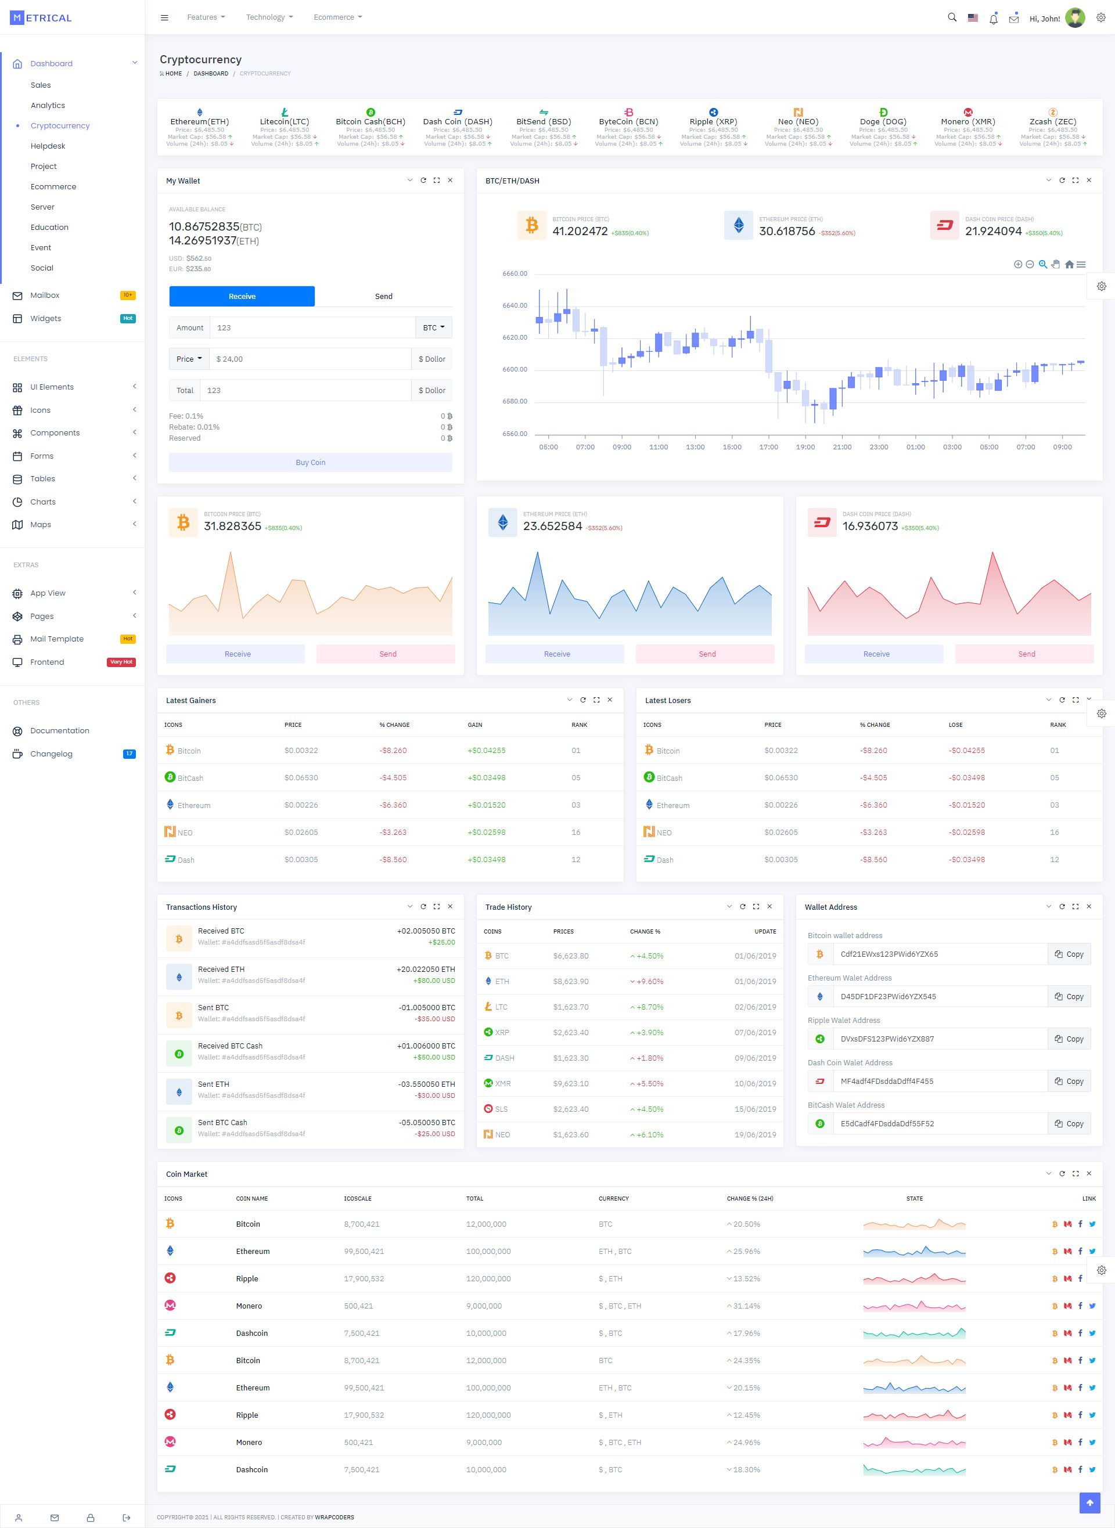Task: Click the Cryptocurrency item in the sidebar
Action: click(59, 125)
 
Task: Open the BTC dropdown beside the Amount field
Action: click(433, 328)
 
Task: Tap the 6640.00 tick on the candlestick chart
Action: click(515, 305)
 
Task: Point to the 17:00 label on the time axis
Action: click(768, 447)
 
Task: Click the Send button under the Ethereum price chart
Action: click(707, 654)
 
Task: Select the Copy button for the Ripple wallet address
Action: click(1069, 1039)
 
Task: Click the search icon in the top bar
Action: click(952, 17)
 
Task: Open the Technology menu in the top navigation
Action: click(269, 17)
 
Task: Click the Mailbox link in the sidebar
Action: click(45, 295)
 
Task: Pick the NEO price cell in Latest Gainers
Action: click(301, 833)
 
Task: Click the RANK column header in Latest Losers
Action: click(1057, 725)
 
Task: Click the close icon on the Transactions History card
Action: click(450, 907)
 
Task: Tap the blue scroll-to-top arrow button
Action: click(1089, 1502)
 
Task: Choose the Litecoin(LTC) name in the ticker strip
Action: click(284, 121)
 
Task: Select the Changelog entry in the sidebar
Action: click(51, 754)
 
